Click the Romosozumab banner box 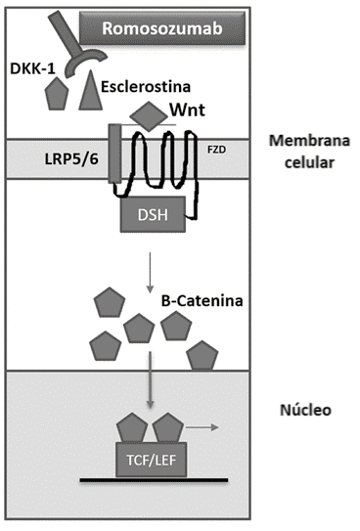tap(162, 27)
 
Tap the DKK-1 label tap(32, 68)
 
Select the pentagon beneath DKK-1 tap(57, 93)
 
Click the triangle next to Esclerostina tap(90, 90)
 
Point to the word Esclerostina tap(146, 86)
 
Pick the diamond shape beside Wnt tap(149, 116)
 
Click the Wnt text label tap(187, 111)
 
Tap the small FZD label tap(216, 150)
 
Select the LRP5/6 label tap(71, 158)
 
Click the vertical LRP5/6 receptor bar tap(114, 154)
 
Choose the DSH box tap(153, 214)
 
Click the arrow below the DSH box tap(149, 273)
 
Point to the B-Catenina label tap(202, 301)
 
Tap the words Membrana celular tap(309, 152)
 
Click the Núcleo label tap(305, 410)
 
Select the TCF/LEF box tap(151, 460)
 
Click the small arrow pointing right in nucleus tap(202, 427)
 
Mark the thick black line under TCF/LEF tap(154, 479)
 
